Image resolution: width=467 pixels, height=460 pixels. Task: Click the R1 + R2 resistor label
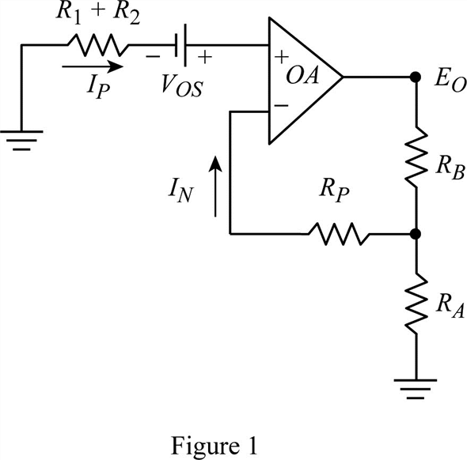click(x=97, y=14)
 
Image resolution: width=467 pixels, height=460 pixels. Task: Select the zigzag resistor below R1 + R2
click(x=98, y=45)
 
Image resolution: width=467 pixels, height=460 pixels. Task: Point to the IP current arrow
click(x=93, y=66)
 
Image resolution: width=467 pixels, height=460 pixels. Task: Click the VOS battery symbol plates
click(x=181, y=45)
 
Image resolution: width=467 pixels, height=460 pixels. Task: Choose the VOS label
click(x=182, y=86)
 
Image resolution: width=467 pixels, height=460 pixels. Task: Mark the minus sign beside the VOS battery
click(x=153, y=57)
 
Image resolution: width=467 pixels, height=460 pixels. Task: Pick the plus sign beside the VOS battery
click(x=205, y=56)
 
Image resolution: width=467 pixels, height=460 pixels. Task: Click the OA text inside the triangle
click(x=302, y=75)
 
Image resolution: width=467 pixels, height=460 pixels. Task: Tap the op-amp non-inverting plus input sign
click(x=282, y=56)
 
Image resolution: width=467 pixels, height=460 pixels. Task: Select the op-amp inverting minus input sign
click(x=281, y=105)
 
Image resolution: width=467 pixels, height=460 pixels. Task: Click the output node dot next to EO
click(x=416, y=77)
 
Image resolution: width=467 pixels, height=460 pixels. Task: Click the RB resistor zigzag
click(x=416, y=157)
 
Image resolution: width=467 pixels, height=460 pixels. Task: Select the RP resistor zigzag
click(x=338, y=234)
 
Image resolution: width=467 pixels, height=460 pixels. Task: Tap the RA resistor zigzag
click(x=416, y=304)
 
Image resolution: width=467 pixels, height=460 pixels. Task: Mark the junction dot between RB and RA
click(x=416, y=234)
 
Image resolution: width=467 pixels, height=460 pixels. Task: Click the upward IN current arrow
click(x=215, y=187)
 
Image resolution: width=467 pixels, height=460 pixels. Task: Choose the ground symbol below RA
click(x=416, y=389)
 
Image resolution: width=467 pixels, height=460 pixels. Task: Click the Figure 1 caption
click(x=214, y=447)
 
